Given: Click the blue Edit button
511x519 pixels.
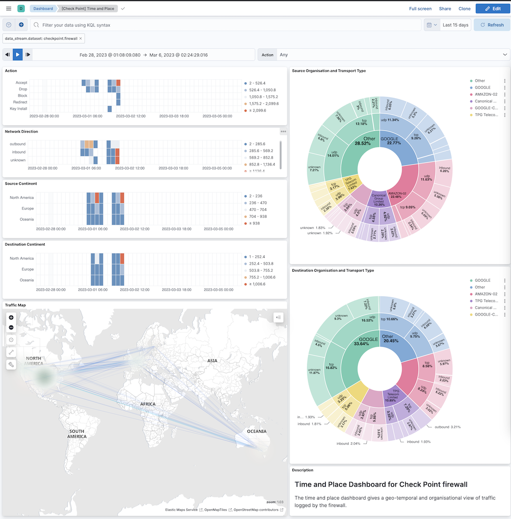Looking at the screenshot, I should pos(493,8).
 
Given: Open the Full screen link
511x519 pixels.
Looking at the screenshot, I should pos(420,8).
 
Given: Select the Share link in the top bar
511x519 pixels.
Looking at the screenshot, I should pos(445,8).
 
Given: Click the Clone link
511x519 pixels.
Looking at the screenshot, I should pos(464,8).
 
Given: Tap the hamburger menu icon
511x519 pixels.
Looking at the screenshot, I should pos(8,8).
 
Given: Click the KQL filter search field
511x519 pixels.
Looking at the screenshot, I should pos(225,25).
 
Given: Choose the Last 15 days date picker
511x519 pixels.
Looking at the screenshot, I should pos(455,25).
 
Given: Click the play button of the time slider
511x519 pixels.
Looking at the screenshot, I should pos(17,55).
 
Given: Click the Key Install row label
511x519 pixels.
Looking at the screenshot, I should pos(18,109).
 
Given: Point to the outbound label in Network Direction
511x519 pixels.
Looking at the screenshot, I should pos(17,144).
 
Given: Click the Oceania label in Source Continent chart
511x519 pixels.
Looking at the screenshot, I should pos(27,219).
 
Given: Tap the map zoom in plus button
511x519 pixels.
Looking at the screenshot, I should pos(11,317).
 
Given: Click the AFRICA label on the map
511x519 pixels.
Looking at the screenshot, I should pos(148,404).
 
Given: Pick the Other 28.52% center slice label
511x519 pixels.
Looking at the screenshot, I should pos(369,141).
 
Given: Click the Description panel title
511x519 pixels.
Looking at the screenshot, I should pos(302,470).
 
